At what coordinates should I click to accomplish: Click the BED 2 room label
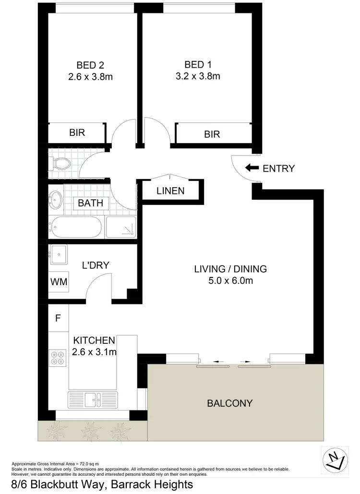coord(91,65)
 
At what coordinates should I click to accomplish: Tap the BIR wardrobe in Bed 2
coord(77,133)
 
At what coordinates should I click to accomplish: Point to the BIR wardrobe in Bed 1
coord(212,134)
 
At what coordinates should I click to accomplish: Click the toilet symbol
coord(61,164)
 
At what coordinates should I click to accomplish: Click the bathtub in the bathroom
coord(76,227)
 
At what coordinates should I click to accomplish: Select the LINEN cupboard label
coord(170,191)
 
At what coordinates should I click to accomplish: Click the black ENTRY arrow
coord(252,168)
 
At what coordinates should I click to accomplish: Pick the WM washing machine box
coord(59,282)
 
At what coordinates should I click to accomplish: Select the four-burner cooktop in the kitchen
coord(59,357)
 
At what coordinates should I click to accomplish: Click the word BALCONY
coord(229,403)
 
